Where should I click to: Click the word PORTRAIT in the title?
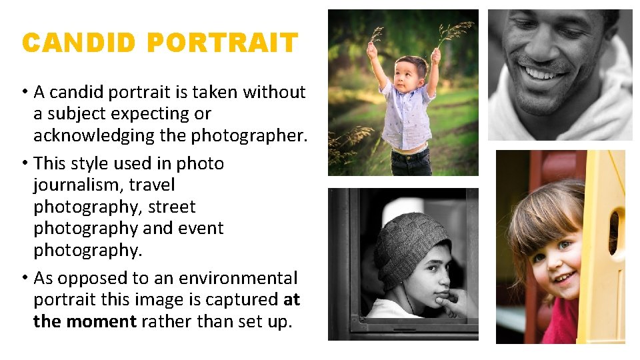221,43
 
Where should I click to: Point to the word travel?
151,185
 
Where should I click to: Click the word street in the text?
172,207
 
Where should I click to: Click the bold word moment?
101,321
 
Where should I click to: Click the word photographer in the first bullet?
248,135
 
